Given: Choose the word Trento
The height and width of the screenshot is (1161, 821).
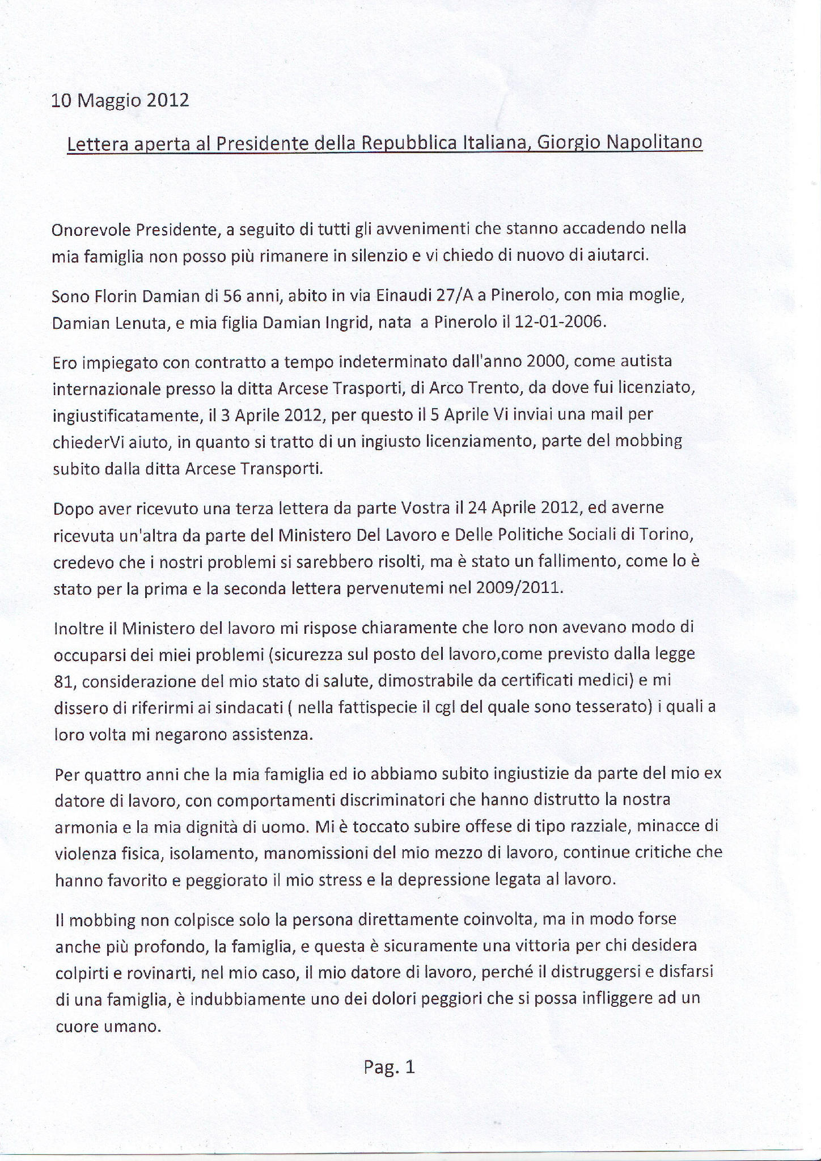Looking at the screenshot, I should tap(479, 388).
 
